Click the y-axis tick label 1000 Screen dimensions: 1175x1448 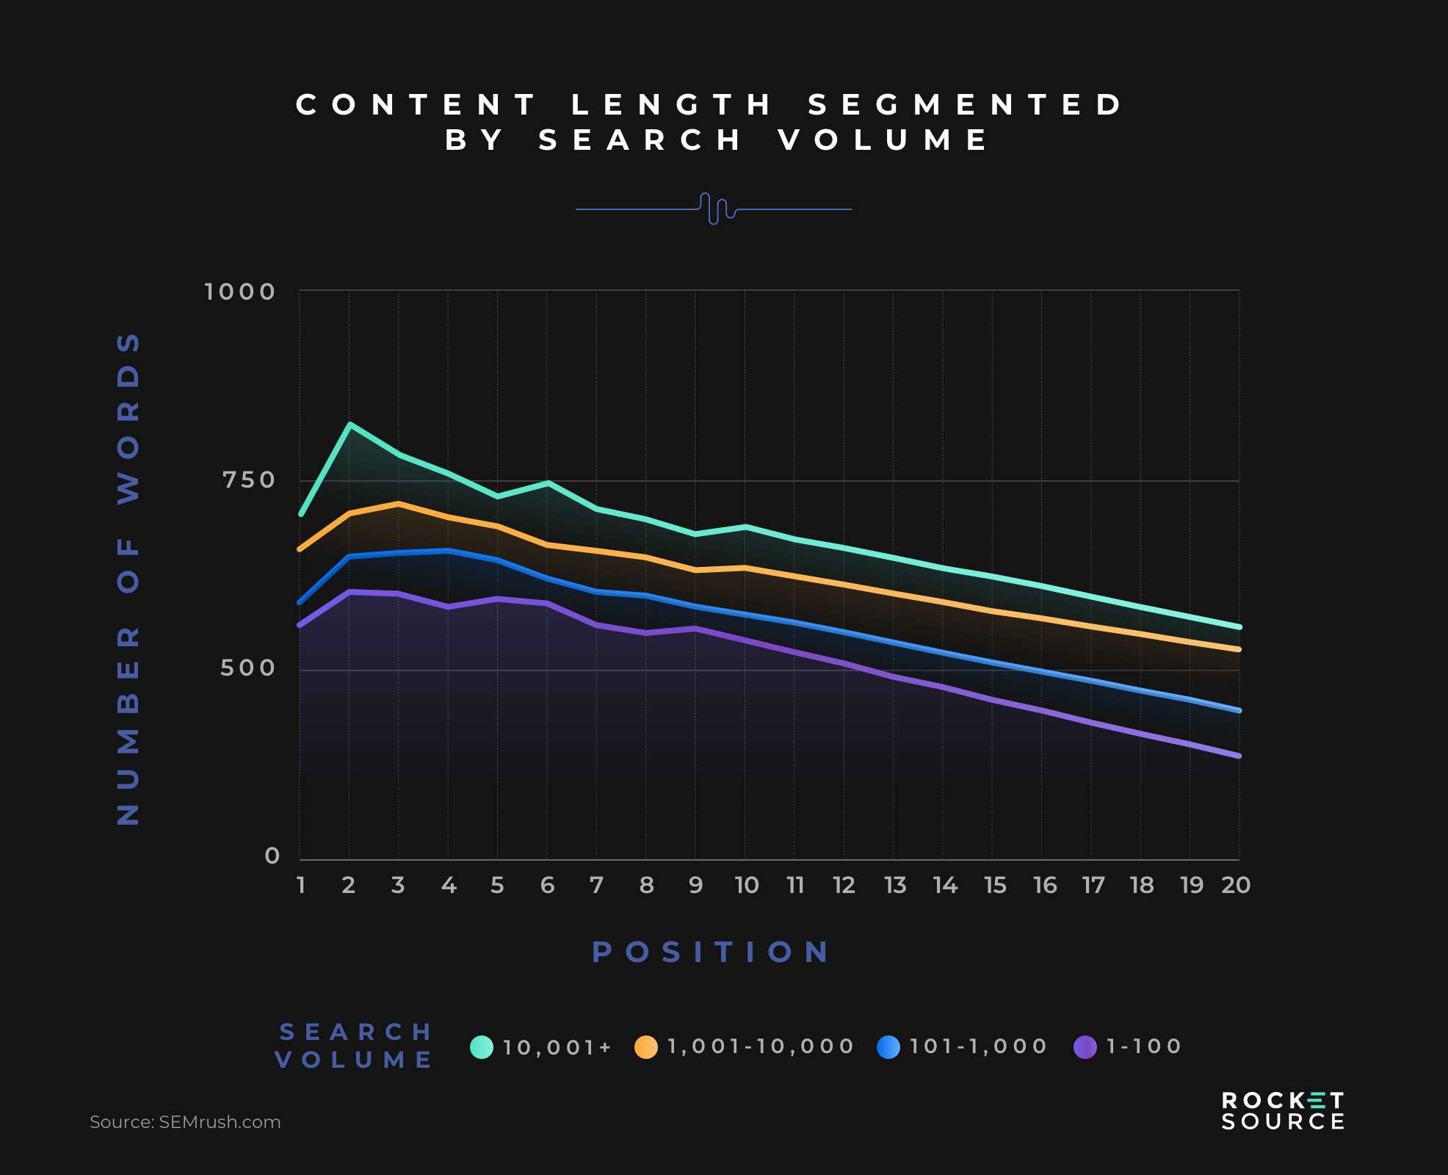(x=239, y=292)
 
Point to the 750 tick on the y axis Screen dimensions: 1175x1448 (x=248, y=480)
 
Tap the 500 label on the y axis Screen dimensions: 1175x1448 (x=247, y=668)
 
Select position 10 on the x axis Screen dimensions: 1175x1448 (x=746, y=886)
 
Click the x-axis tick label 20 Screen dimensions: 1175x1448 (x=1236, y=886)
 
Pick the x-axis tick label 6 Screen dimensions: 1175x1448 (x=547, y=886)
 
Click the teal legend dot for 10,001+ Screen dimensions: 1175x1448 (x=482, y=1046)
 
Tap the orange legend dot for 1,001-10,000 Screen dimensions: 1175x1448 (x=646, y=1046)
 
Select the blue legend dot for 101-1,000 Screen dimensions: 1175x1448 (x=888, y=1046)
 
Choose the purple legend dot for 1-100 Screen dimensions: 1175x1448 (x=1085, y=1046)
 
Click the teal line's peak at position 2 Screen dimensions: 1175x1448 (x=350, y=424)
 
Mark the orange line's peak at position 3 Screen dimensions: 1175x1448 (x=398, y=504)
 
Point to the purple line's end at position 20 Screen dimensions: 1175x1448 (x=1239, y=756)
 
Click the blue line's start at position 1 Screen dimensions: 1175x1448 (x=300, y=602)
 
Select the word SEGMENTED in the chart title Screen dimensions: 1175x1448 (x=966, y=105)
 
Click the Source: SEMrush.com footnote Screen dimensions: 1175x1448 (x=185, y=1122)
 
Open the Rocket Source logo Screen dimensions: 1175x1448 (x=1283, y=1110)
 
